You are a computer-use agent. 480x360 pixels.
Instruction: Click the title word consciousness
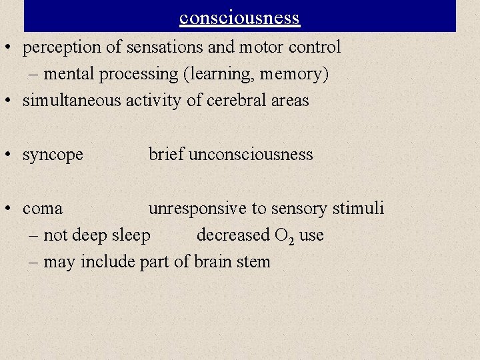[x=240, y=17]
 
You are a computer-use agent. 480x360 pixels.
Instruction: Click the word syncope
[x=53, y=155]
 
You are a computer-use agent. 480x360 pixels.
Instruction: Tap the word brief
[x=166, y=155]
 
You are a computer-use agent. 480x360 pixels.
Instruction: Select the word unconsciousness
[x=251, y=155]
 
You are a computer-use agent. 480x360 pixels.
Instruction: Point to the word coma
[x=43, y=209]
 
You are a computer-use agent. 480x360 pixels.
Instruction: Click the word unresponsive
[x=197, y=209]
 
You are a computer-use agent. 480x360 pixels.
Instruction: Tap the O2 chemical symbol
[x=284, y=236]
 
